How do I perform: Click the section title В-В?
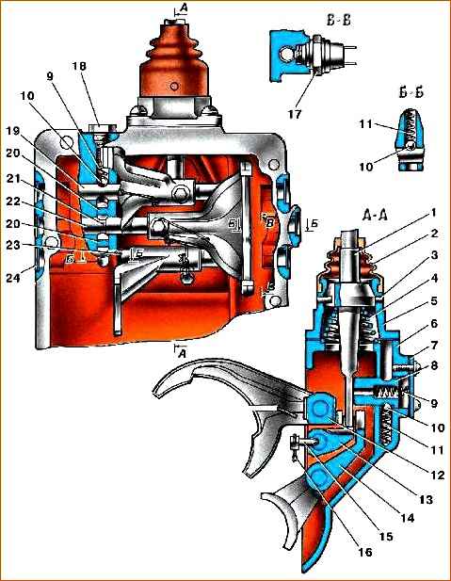coord(339,21)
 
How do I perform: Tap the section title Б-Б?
coord(411,92)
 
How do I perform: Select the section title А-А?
coord(376,216)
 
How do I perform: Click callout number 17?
coord(296,114)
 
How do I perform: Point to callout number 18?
coord(79,66)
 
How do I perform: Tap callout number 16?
coord(364,552)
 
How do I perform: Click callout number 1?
coord(434,213)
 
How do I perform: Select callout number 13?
coord(426,499)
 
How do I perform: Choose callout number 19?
coord(13,131)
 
